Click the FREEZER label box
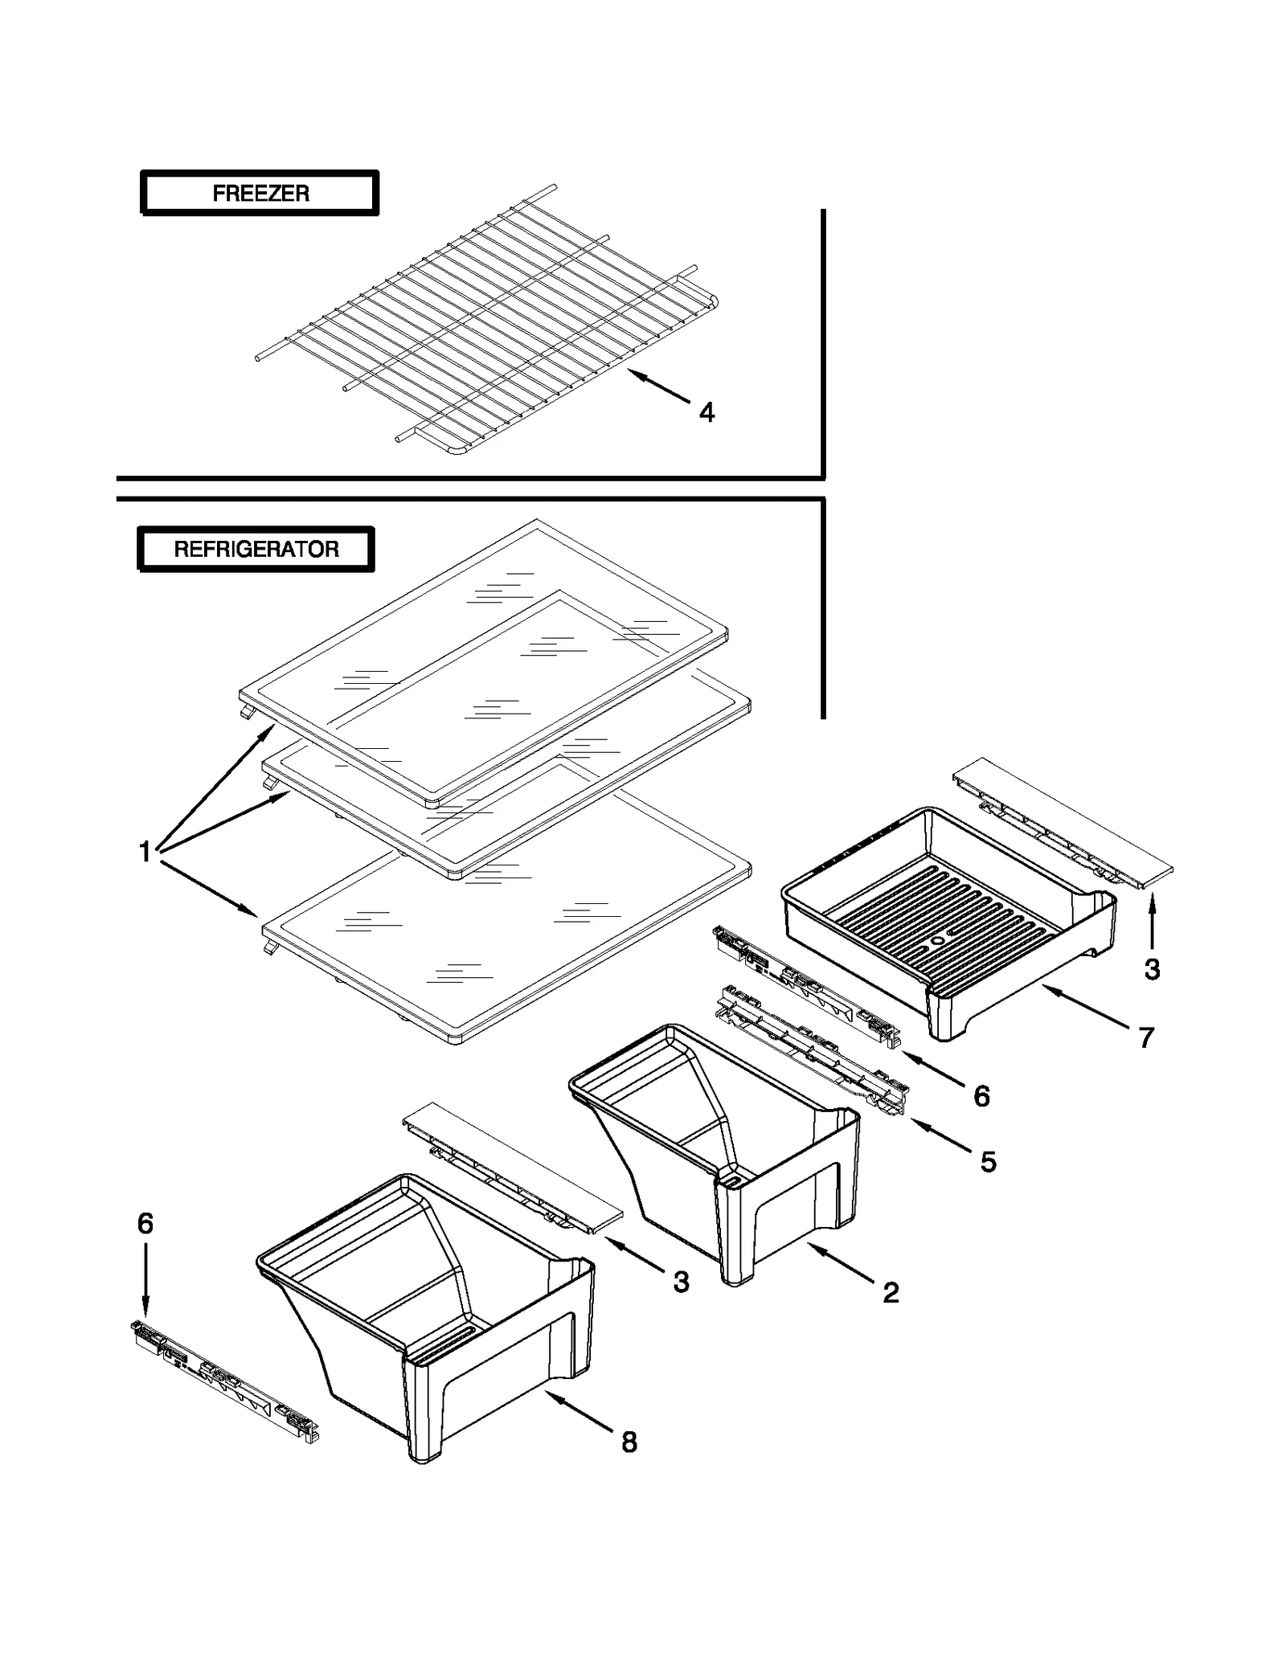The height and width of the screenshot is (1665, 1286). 259,193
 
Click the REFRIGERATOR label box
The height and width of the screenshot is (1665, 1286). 256,550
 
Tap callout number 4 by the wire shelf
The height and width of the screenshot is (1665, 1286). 706,412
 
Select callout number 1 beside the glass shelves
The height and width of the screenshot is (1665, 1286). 145,852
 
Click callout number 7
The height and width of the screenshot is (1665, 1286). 1146,1037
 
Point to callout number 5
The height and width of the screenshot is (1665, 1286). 988,1161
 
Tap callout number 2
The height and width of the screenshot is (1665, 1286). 891,1292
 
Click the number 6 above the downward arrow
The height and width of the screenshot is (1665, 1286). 145,1224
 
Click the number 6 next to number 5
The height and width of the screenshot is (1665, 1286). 981,1096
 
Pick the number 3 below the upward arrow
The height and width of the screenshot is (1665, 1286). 1152,970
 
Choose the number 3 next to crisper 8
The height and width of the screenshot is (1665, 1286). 681,1282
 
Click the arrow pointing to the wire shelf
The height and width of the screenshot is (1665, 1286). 659,387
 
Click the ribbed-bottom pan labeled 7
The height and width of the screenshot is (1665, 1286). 948,916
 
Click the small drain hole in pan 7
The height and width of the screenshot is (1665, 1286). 937,937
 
